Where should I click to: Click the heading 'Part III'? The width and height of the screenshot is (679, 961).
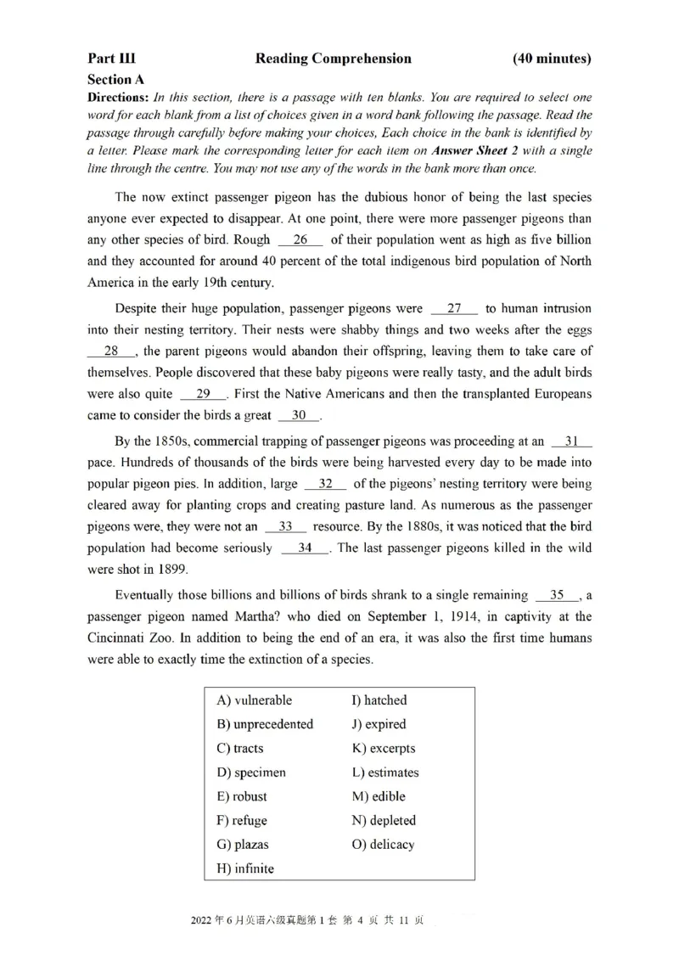111,59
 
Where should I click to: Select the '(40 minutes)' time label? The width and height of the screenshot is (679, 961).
552,59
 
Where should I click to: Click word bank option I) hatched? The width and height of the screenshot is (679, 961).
379,700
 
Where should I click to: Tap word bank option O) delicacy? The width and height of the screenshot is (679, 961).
383,845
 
